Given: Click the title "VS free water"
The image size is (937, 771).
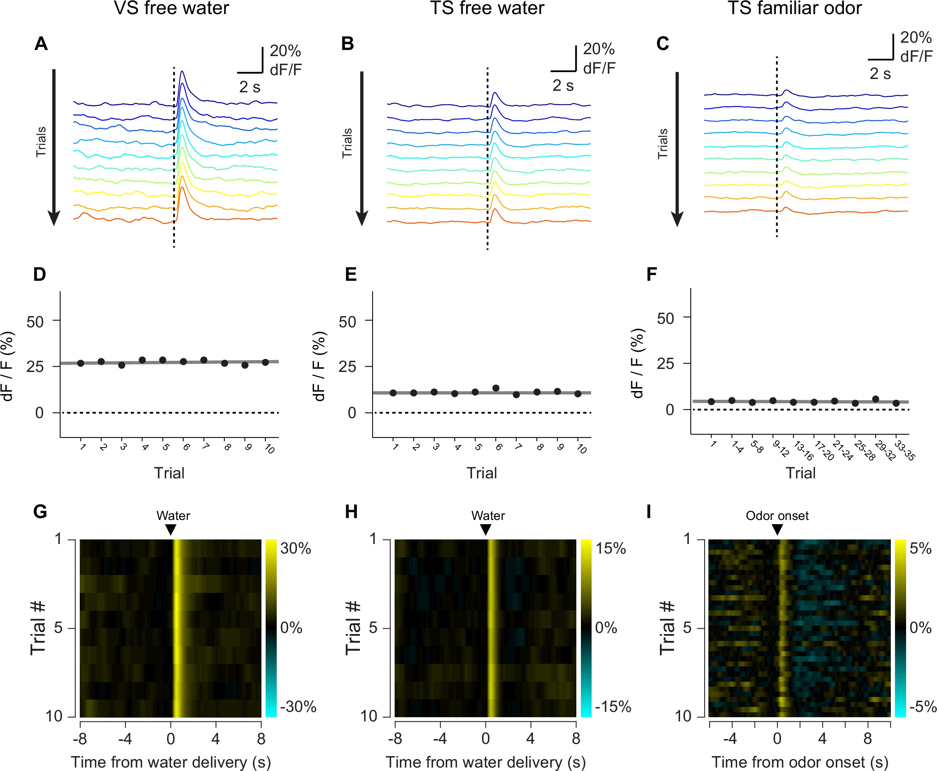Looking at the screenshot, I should [x=171, y=8].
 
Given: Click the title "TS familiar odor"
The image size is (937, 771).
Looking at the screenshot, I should [x=794, y=8].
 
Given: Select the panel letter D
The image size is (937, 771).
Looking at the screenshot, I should [x=40, y=274].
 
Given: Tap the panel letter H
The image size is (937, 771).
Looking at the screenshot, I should [x=351, y=512].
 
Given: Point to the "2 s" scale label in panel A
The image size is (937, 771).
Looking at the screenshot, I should [x=250, y=87].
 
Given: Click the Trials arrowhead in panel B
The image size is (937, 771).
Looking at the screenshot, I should [x=362, y=219].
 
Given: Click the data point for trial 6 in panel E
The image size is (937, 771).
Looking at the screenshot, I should [x=496, y=388].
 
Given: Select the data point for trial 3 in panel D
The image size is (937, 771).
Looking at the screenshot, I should [x=122, y=365].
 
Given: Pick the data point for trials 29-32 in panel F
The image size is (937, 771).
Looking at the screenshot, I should [x=876, y=399].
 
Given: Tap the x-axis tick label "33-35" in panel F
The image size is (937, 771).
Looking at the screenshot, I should [x=905, y=450].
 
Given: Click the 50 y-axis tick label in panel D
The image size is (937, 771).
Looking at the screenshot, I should [x=35, y=322].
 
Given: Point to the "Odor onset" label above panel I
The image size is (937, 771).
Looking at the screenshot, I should [x=777, y=516].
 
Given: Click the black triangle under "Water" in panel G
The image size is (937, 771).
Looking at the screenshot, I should [x=171, y=530].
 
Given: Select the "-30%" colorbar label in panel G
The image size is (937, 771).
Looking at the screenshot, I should [x=298, y=706].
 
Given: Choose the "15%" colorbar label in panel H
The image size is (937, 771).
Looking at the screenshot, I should [x=610, y=548].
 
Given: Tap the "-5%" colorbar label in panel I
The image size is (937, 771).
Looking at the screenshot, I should [x=922, y=706].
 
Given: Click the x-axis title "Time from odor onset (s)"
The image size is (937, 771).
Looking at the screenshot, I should [x=800, y=762].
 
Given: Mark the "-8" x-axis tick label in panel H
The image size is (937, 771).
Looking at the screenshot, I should [x=395, y=739].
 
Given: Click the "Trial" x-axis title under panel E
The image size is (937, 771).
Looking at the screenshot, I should [x=482, y=473].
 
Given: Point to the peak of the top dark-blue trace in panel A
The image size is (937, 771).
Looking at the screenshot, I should [x=182, y=71].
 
